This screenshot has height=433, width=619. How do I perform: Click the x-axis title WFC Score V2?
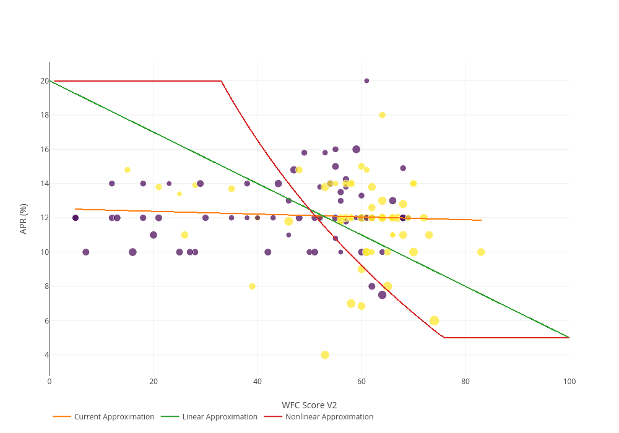tap(309, 405)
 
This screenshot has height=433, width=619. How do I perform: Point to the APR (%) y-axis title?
tap(24, 218)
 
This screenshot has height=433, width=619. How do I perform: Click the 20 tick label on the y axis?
tap(45, 81)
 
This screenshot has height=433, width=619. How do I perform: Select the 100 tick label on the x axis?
tap(569, 382)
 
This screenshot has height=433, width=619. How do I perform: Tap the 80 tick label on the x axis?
tap(465, 382)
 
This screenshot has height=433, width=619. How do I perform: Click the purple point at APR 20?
tap(366, 81)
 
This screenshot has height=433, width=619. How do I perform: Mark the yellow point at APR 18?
tap(382, 115)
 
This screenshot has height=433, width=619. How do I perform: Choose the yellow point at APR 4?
tap(325, 355)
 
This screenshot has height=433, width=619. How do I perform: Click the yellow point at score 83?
tap(481, 252)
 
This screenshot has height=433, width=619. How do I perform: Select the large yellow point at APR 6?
tap(434, 320)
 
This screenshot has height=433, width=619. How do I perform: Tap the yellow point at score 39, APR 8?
tap(252, 286)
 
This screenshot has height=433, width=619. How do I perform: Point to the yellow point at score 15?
tap(128, 170)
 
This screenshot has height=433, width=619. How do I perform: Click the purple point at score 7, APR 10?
tap(86, 252)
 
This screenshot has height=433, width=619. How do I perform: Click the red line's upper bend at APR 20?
tap(221, 81)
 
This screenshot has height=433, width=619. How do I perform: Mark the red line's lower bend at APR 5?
tap(444, 338)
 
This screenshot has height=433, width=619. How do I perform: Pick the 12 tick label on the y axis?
tap(45, 218)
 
